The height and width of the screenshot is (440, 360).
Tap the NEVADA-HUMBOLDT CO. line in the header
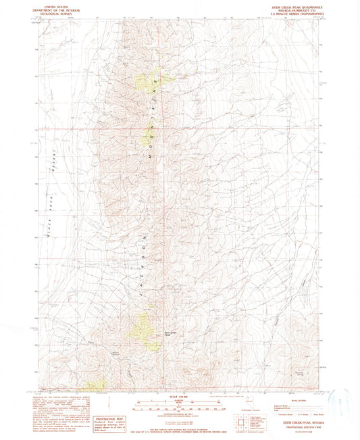tap(299, 9)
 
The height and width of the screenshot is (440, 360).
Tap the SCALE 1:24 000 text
tap(179, 395)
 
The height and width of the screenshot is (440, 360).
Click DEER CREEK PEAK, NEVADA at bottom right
tap(299, 420)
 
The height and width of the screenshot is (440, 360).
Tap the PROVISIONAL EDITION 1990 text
tap(299, 424)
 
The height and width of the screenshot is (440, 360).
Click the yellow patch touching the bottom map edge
tap(96, 387)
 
